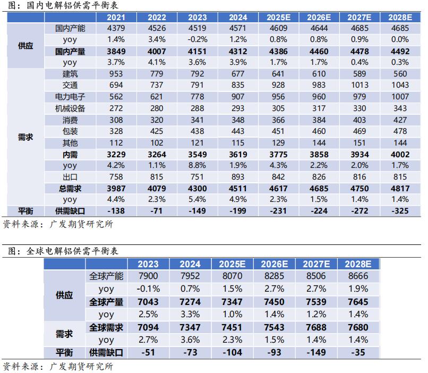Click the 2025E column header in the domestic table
279,17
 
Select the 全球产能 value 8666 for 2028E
357,276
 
